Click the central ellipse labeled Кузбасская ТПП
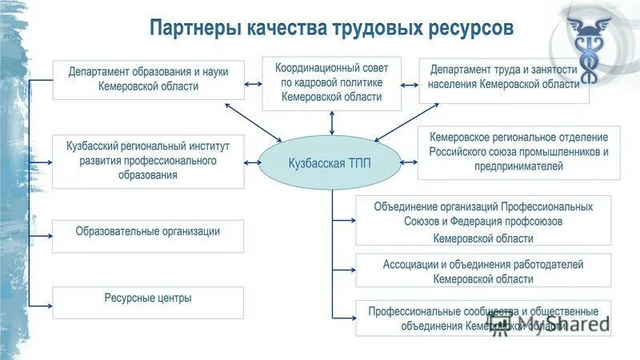[330, 162]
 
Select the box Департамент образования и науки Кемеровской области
[148, 79]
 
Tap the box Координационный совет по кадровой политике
[330, 83]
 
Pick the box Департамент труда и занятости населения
[504, 79]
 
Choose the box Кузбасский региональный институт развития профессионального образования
[148, 161]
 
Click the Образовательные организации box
[148, 233]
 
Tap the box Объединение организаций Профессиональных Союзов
[482, 220]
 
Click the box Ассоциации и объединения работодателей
[482, 271]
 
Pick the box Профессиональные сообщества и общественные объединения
[482, 318]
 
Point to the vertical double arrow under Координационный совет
[330, 122]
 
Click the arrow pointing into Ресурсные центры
[42, 305]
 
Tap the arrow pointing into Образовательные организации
[42, 236]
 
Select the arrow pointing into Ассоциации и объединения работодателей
[345, 270]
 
